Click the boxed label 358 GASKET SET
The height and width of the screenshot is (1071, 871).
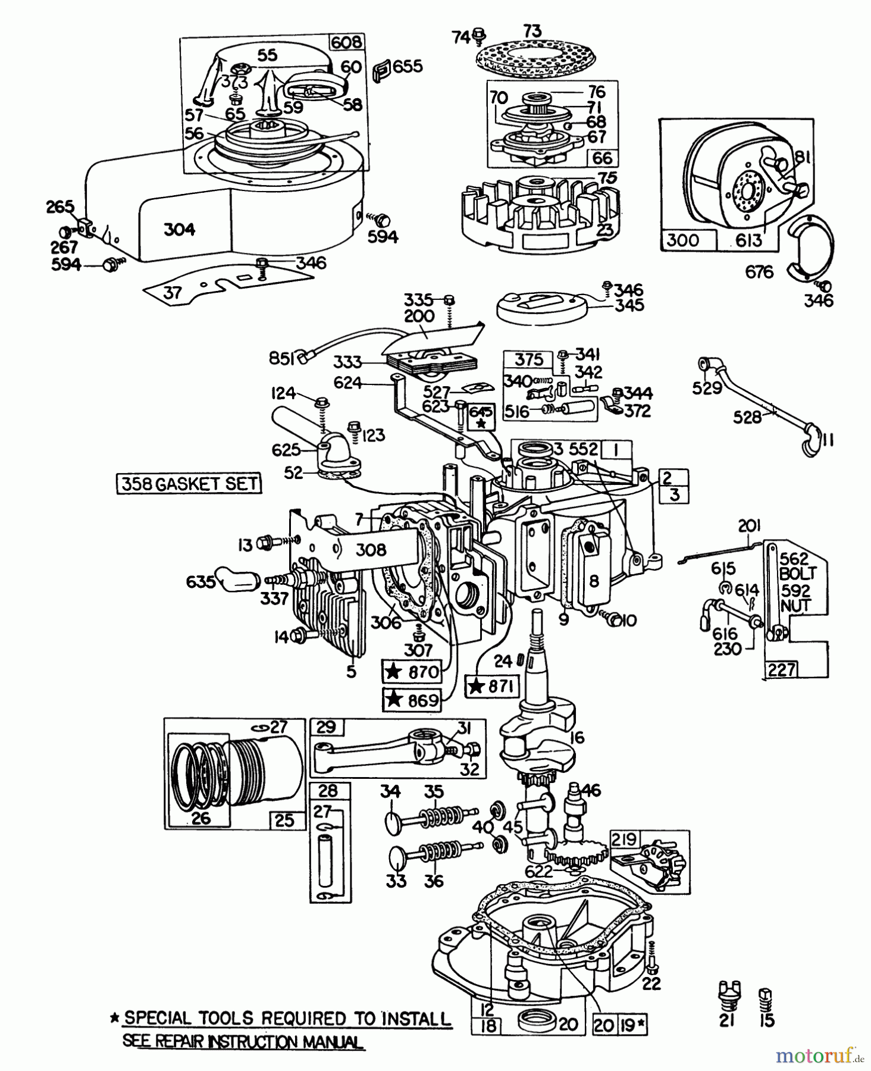click(x=189, y=483)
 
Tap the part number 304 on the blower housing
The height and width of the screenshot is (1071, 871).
click(x=179, y=229)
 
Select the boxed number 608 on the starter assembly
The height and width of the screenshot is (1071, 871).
click(x=346, y=42)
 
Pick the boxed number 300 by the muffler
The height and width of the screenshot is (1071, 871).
click(x=682, y=240)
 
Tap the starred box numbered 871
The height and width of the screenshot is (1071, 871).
click(x=493, y=686)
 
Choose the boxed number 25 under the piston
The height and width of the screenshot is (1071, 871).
click(x=285, y=819)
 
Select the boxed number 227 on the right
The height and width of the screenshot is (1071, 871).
click(x=781, y=669)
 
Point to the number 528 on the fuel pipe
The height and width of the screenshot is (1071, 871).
click(x=748, y=417)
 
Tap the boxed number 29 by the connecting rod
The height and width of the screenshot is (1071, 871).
click(x=326, y=727)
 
